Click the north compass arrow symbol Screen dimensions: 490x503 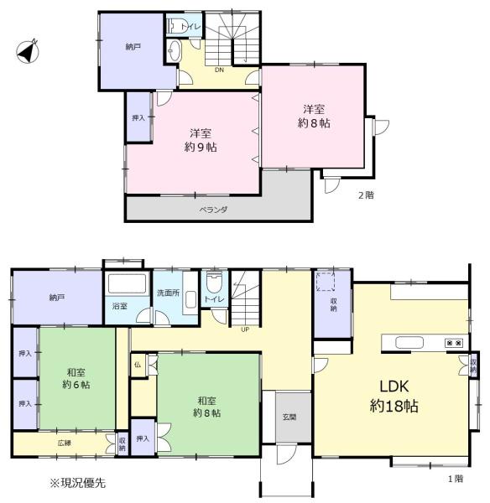28,51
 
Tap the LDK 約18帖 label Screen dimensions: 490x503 394,397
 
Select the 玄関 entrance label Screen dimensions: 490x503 289,417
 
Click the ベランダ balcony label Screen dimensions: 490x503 213,210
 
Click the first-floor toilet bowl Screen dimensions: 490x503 214,282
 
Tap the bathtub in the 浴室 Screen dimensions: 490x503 128,283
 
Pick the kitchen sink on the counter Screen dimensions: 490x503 409,343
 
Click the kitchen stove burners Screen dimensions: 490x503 454,343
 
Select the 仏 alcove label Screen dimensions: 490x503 138,365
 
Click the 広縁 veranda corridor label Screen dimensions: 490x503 65,443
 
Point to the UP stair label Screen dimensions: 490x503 245,329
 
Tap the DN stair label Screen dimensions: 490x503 219,70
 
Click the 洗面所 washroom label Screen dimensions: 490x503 168,293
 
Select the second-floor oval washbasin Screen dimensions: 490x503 174,50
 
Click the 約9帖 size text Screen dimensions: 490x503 201,148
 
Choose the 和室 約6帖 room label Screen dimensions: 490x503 76,379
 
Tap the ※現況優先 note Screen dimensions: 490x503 77,483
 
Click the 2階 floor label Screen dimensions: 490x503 366,195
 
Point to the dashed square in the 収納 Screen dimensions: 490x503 326,282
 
